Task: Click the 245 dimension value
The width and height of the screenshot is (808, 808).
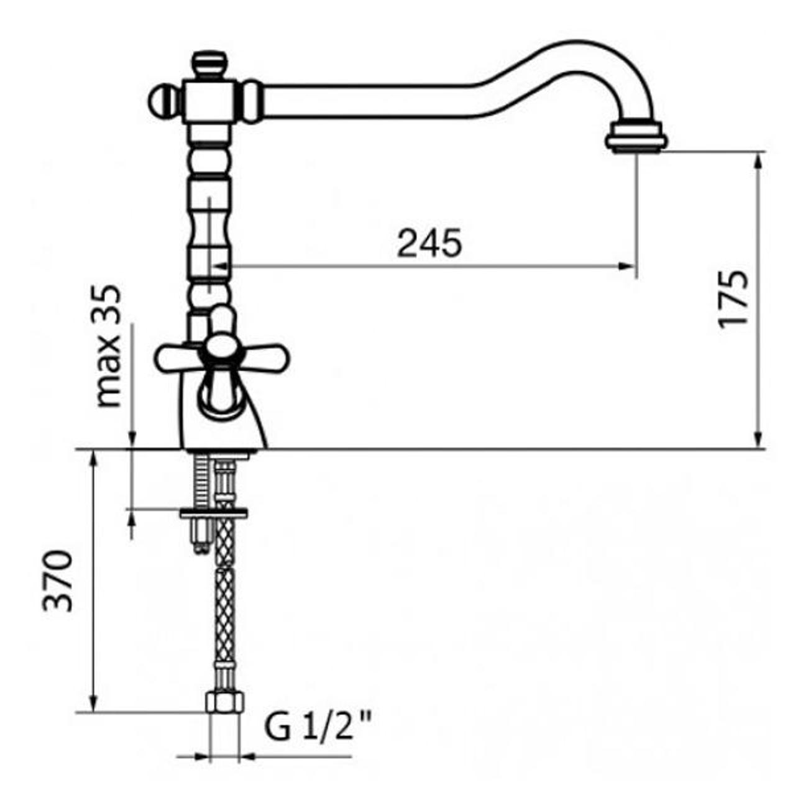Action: click(429, 243)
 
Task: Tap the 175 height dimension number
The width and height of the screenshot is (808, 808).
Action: click(733, 299)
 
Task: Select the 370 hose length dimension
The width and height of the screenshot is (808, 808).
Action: click(58, 581)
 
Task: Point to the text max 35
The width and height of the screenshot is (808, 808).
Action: click(109, 346)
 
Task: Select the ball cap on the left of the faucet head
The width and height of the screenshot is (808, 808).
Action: click(162, 102)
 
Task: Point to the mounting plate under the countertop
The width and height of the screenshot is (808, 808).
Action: click(213, 513)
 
